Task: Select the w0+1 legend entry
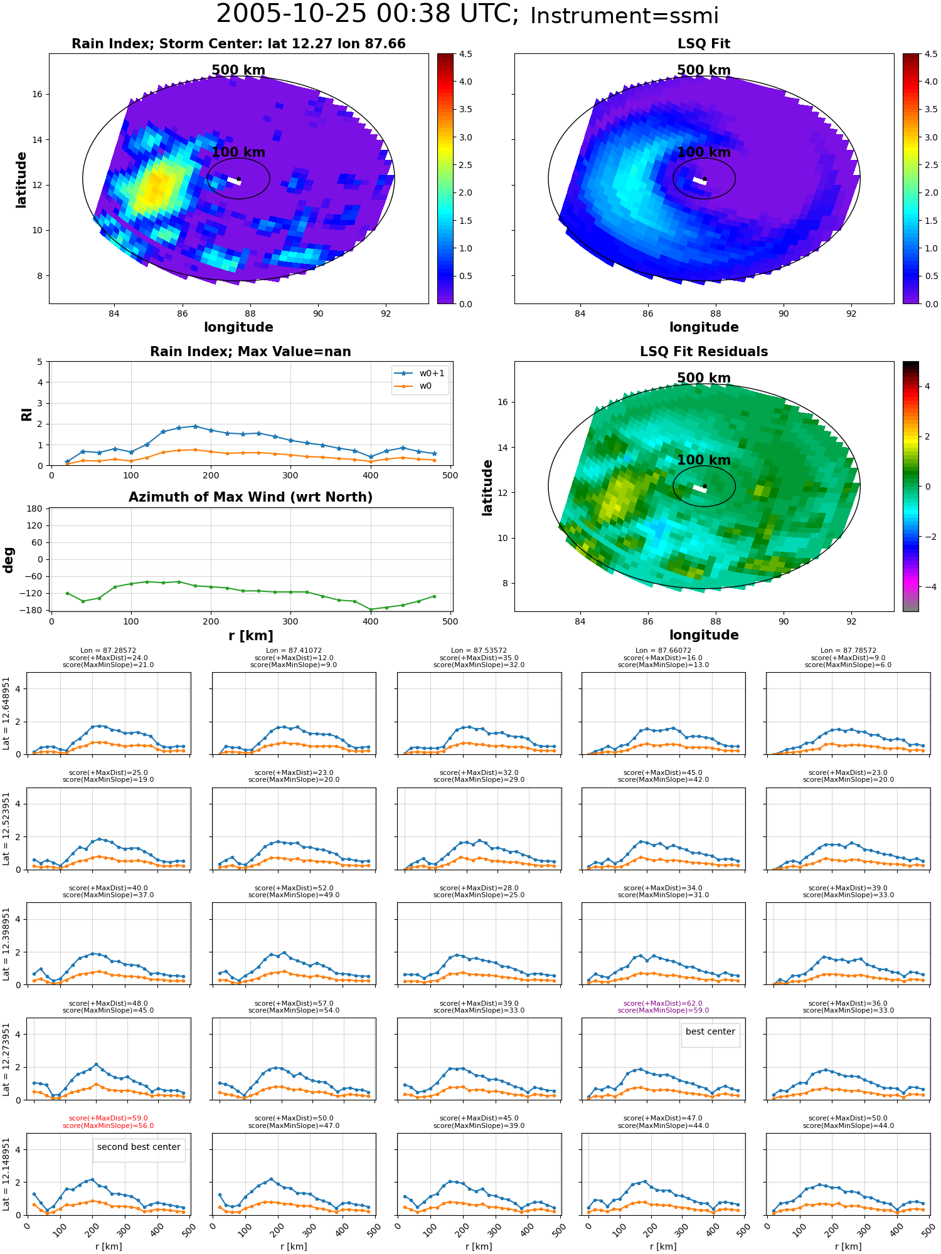tap(420, 373)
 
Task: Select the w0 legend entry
tap(420, 386)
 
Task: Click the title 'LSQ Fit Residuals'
tap(704, 352)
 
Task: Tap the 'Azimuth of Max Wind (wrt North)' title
tap(250, 497)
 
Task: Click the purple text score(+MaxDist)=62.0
tap(663, 1003)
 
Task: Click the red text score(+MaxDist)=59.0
tap(109, 1118)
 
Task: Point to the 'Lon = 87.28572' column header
tap(109, 651)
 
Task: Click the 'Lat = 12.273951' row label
tap(6, 1060)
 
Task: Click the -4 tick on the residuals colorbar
tap(927, 587)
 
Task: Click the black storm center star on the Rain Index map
tap(238, 179)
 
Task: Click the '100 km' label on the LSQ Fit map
tap(704, 152)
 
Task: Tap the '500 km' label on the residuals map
tap(704, 378)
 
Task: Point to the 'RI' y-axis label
tap(26, 414)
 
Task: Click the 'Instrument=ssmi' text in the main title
tap(624, 16)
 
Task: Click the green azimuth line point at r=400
tap(371, 609)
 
